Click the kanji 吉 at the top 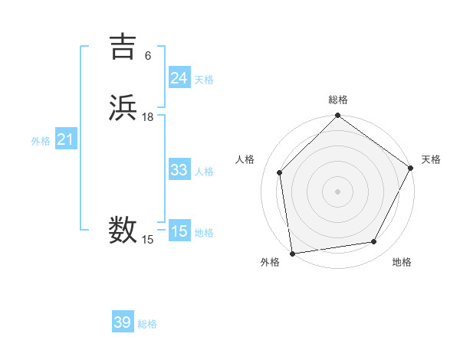123,47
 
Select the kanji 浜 123,108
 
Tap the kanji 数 123,230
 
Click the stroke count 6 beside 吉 148,56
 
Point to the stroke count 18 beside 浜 148,117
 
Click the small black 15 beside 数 148,240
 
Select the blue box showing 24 179,77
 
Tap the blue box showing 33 179,169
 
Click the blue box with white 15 179,231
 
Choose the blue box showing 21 66,139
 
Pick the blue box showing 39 123,322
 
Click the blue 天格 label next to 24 204,79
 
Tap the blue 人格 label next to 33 204,171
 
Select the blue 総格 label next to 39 147,324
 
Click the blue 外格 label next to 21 41,141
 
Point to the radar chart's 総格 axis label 338,100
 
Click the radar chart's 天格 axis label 431,159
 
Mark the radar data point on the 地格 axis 374,242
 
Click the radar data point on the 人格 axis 279,172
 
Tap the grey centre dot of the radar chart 338,191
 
